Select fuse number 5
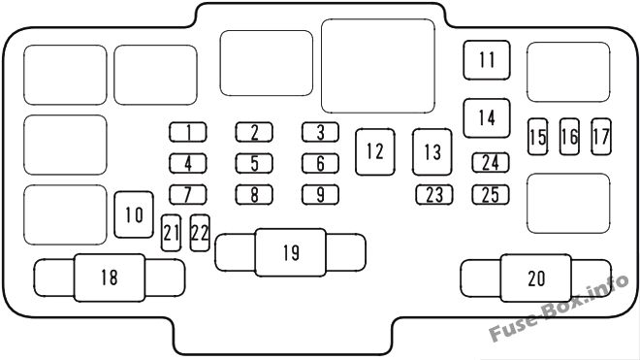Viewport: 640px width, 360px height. point(254,163)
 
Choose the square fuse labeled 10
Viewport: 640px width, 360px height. point(135,213)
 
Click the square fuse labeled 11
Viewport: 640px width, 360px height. point(486,59)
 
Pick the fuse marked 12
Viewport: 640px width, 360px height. point(375,151)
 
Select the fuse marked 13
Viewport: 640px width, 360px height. point(432,152)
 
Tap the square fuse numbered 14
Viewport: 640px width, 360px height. point(486,117)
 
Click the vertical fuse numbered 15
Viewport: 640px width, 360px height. point(537,137)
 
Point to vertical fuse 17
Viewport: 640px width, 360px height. point(601,137)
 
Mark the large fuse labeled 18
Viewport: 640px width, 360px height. point(109,278)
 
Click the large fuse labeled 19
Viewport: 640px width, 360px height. point(291,253)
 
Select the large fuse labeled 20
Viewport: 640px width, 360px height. point(536,278)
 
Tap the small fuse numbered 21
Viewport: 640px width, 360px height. point(172,232)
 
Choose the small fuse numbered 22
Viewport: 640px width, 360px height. point(201,232)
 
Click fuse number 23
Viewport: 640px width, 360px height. point(432,194)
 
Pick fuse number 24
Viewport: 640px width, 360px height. point(491,163)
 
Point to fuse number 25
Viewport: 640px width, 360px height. point(491,194)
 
